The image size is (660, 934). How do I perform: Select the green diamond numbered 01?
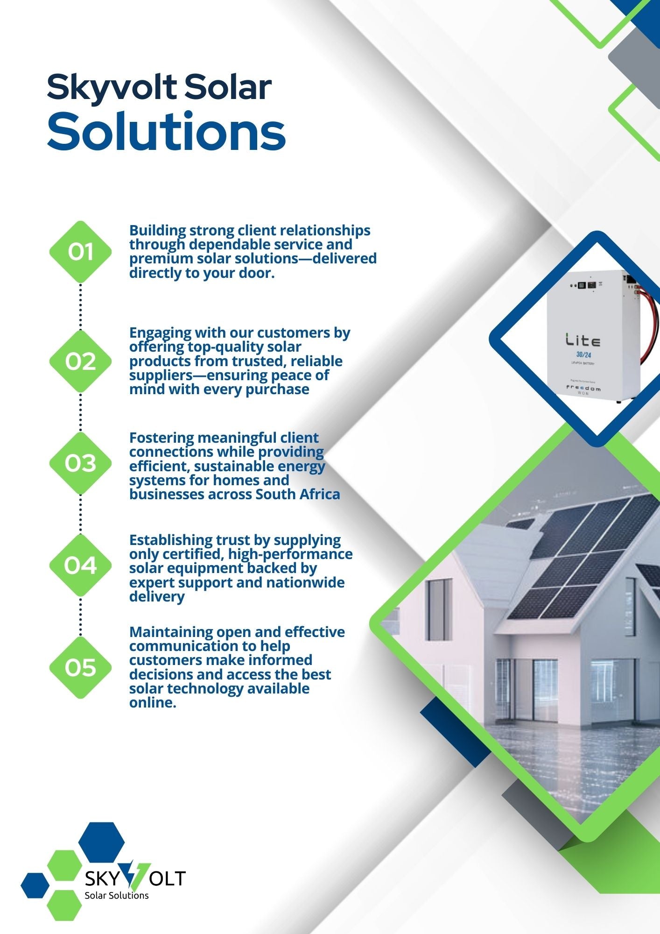(80, 252)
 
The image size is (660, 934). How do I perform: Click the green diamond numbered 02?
(80, 361)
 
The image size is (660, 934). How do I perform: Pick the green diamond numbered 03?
(80, 463)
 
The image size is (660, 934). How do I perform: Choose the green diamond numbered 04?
(80, 565)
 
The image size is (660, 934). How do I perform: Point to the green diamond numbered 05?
(80, 667)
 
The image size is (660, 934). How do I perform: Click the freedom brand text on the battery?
(583, 388)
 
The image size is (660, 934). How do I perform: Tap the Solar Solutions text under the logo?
(116, 895)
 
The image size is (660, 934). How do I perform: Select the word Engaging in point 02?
(160, 333)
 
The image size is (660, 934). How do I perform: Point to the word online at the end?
(153, 702)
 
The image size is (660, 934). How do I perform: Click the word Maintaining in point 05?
(171, 632)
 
